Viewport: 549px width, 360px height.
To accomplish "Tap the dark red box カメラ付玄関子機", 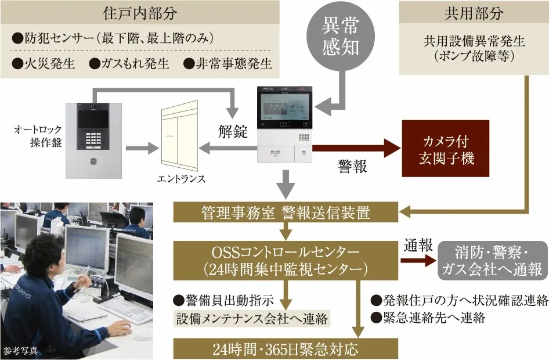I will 445,149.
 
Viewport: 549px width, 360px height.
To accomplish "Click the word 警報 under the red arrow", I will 353,167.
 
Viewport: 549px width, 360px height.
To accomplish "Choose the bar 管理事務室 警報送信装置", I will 286,213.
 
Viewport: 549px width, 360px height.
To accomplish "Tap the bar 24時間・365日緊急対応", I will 286,350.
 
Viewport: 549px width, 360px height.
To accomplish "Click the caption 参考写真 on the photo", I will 21,350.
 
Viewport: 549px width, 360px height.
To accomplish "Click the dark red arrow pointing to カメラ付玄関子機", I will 354,148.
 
